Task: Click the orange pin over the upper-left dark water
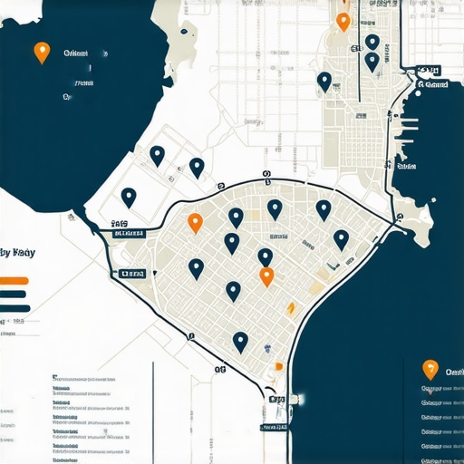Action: click(x=41, y=52)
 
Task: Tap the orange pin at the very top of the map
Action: click(x=343, y=21)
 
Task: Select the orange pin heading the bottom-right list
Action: click(x=430, y=369)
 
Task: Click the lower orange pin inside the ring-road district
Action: click(x=266, y=276)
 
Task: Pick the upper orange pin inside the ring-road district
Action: click(x=194, y=222)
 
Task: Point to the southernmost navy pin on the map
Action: click(x=240, y=341)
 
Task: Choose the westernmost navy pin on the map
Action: click(x=129, y=197)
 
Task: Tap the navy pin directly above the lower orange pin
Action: click(x=265, y=257)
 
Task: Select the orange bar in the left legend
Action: click(x=15, y=280)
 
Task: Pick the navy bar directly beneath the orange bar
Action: click(x=15, y=294)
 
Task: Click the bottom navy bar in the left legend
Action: click(x=15, y=308)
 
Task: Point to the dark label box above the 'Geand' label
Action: click(x=428, y=69)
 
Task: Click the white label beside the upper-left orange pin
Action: click(x=76, y=54)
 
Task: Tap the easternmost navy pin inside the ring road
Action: click(x=341, y=239)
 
